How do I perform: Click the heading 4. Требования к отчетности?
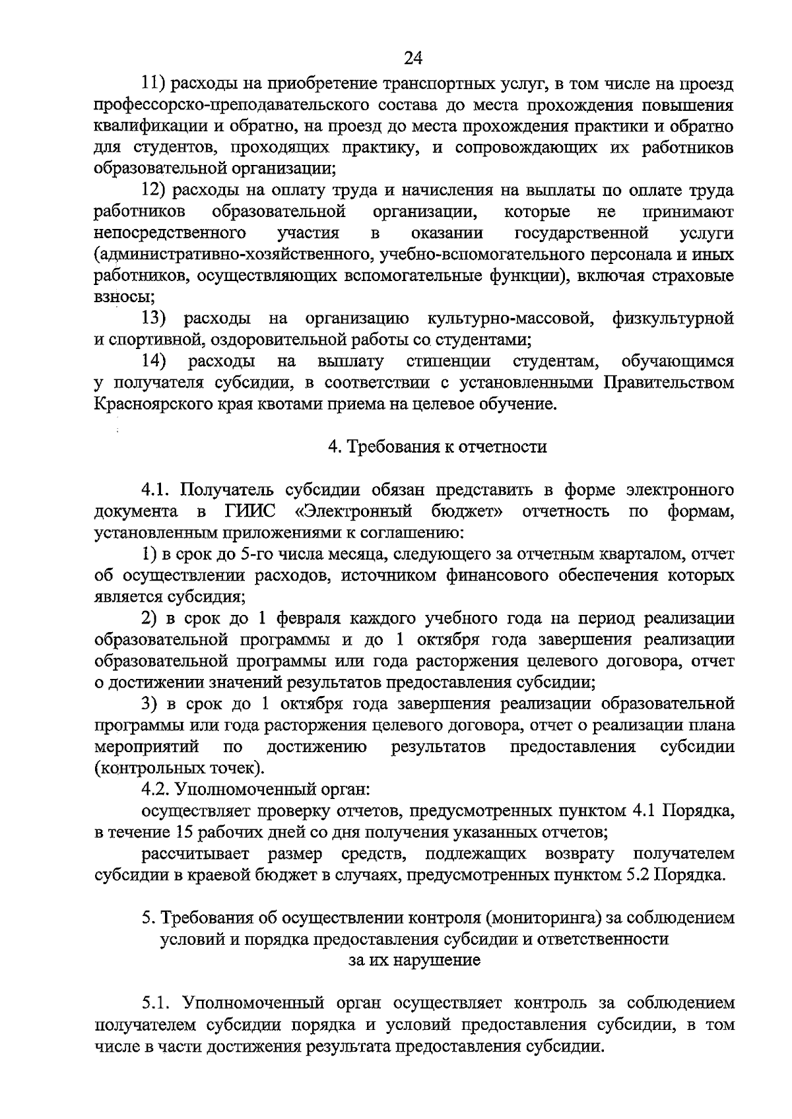coord(438,447)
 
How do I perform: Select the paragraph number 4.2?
coord(158,789)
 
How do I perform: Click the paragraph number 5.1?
coord(157,1004)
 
